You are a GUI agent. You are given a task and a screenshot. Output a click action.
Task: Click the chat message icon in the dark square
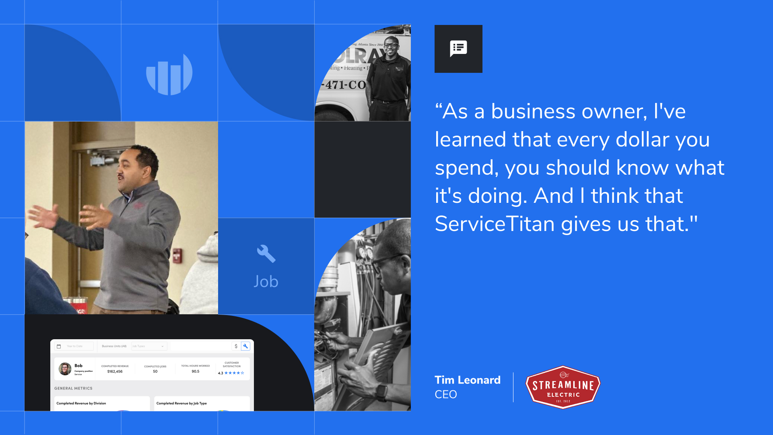(x=458, y=49)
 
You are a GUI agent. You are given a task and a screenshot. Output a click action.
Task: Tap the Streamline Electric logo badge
(x=563, y=387)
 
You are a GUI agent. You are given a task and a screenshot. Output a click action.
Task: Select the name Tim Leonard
(x=467, y=380)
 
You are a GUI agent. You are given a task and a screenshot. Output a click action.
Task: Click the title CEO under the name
(x=445, y=394)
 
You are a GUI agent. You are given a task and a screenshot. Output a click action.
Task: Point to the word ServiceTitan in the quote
(x=495, y=224)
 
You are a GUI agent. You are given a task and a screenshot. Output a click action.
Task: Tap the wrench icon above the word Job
(x=266, y=254)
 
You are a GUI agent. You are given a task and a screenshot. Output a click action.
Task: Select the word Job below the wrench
(x=266, y=282)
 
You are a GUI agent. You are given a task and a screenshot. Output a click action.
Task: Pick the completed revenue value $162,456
(x=115, y=372)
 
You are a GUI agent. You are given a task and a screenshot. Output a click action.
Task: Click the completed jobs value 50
(x=155, y=372)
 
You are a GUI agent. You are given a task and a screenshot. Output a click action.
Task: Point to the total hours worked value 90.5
(x=195, y=372)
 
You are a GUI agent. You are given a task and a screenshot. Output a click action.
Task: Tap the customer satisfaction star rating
(x=234, y=373)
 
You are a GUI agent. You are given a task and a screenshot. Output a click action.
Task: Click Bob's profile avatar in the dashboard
(x=65, y=369)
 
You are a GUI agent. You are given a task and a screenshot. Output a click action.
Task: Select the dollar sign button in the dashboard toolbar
(x=236, y=346)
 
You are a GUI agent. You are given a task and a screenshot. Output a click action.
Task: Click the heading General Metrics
(x=73, y=388)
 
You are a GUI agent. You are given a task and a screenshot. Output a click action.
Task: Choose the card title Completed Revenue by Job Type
(x=181, y=403)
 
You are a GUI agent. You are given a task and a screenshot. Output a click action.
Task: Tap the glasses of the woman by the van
(x=391, y=45)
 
